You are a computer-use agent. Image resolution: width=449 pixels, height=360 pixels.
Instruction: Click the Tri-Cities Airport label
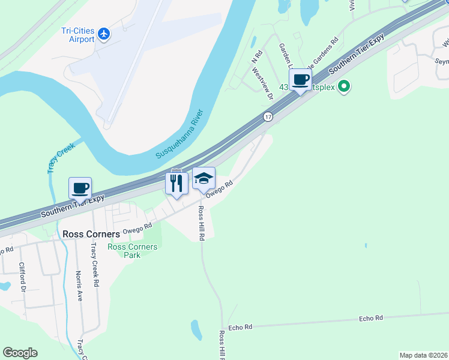78,35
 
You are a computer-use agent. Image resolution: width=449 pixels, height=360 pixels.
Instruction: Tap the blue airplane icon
104,34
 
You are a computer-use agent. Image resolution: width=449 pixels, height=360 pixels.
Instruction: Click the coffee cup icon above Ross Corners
80,188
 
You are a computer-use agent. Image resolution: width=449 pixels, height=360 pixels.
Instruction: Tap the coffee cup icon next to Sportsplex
300,80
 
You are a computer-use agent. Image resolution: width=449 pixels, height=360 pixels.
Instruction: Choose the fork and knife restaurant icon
176,182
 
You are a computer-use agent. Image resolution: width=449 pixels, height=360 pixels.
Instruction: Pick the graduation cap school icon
203,178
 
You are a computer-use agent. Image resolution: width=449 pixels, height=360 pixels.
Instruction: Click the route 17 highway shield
268,116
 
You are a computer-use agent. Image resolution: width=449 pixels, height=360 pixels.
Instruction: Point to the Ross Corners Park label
132,251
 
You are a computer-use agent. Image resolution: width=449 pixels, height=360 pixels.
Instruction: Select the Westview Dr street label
262,83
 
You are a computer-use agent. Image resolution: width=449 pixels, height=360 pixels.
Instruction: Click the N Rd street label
256,58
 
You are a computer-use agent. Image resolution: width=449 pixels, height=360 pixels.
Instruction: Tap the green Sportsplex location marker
344,87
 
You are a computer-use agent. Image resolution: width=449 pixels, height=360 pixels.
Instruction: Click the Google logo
20,353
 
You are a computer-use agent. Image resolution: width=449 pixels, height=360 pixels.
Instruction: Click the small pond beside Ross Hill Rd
196,329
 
